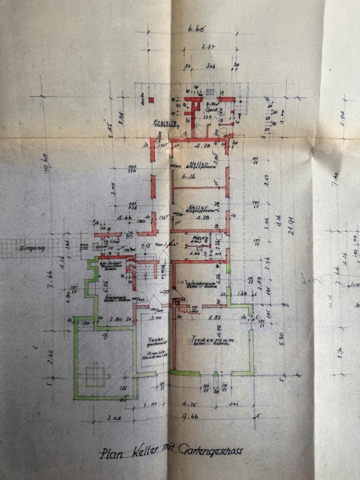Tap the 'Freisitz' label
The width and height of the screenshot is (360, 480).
(163, 122)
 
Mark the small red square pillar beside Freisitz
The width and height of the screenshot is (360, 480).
(151, 100)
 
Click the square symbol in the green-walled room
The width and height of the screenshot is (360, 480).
(94, 375)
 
